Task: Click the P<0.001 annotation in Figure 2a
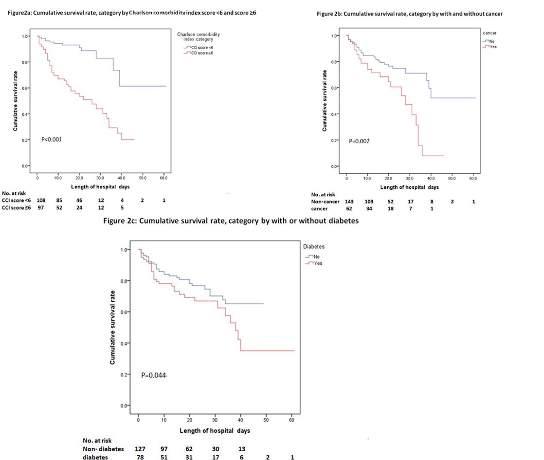tap(52, 140)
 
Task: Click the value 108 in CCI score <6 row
tap(41, 200)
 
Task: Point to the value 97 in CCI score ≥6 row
tap(41, 207)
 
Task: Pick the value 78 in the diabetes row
tap(138, 457)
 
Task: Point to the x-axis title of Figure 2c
tap(215, 431)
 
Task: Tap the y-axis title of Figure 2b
tap(325, 101)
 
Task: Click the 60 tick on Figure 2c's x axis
tap(291, 420)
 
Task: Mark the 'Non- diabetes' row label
tap(103, 449)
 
